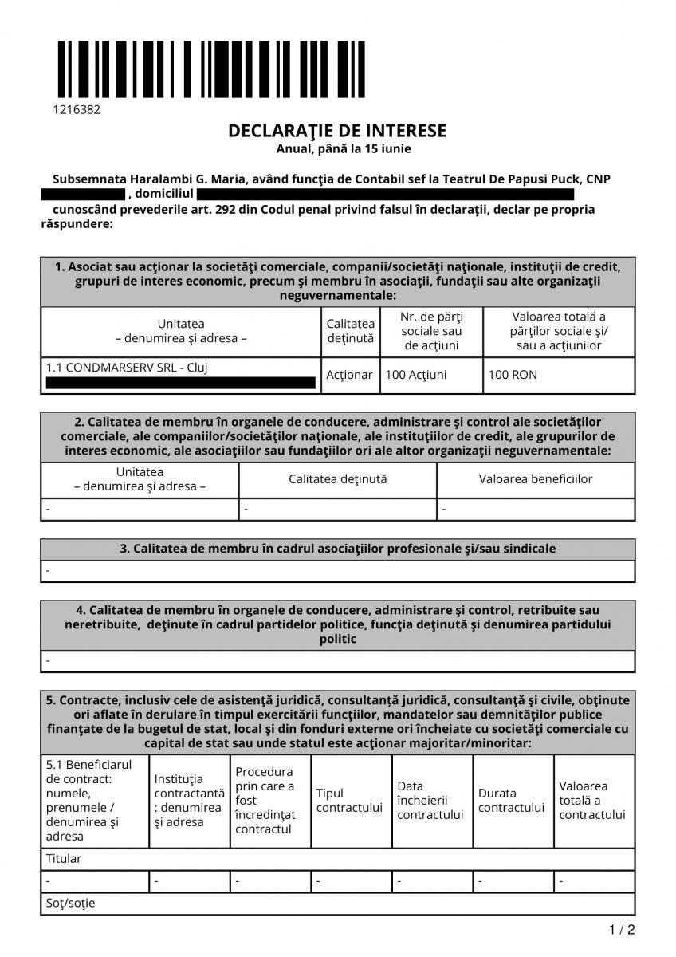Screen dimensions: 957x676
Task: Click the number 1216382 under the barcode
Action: [77, 110]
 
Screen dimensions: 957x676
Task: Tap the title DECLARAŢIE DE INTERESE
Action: [337, 131]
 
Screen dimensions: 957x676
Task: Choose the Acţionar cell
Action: [350, 375]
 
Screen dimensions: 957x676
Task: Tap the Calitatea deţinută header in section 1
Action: [350, 331]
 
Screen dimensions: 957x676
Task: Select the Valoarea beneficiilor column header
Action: [536, 479]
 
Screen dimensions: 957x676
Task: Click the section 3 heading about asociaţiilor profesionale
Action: [338, 549]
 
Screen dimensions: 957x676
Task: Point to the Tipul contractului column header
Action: [349, 801]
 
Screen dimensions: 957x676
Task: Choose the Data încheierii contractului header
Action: [430, 801]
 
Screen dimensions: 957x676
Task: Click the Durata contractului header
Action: [511, 801]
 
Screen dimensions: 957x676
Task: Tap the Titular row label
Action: [64, 859]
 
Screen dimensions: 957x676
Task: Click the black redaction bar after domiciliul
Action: [385, 194]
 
